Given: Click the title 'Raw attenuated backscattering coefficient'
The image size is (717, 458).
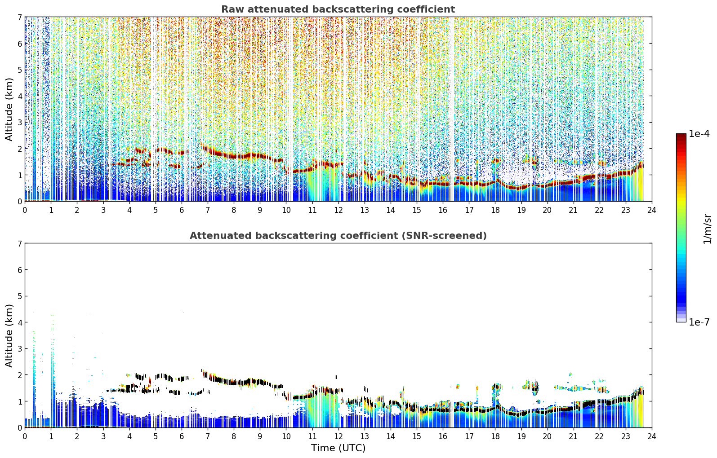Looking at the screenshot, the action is pyautogui.click(x=338, y=9).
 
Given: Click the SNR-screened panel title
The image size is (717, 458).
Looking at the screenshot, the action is pyautogui.click(x=338, y=236).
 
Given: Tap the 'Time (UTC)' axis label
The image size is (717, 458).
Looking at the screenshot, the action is pyautogui.click(x=338, y=448).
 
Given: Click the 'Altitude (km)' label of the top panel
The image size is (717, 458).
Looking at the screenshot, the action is pyautogui.click(x=9, y=110).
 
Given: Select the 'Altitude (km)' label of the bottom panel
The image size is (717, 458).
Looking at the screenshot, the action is pyautogui.click(x=9, y=336).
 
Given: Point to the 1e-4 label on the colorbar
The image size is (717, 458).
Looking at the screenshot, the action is pyautogui.click(x=699, y=134).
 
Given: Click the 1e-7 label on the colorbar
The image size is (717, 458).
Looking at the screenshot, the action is pyautogui.click(x=699, y=322).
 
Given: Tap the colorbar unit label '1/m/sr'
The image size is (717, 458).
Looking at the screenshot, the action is pyautogui.click(x=707, y=229).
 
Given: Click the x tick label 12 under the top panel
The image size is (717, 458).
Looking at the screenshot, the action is pyautogui.click(x=338, y=210).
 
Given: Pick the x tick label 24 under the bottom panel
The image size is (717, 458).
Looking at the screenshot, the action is pyautogui.click(x=652, y=436).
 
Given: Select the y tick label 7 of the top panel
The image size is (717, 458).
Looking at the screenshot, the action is pyautogui.click(x=19, y=17).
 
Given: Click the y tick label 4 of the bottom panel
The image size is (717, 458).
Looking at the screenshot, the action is pyautogui.click(x=19, y=322).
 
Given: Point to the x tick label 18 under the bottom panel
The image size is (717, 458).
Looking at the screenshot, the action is pyautogui.click(x=495, y=436).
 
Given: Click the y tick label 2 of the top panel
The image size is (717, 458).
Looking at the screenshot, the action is pyautogui.click(x=19, y=149).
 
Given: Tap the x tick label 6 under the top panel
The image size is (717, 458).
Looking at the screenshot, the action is pyautogui.click(x=182, y=210).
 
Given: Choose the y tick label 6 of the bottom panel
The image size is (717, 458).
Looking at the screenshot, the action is pyautogui.click(x=19, y=270).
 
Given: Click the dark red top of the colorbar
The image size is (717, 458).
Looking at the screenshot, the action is pyautogui.click(x=681, y=136).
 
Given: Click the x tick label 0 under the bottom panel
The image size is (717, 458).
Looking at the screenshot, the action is pyautogui.click(x=25, y=436).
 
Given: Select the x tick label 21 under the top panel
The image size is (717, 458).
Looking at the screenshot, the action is pyautogui.click(x=573, y=210).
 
